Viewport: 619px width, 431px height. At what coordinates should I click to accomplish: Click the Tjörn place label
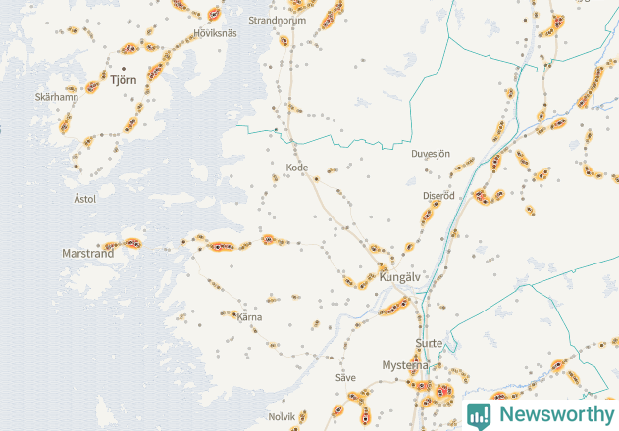tap(124, 80)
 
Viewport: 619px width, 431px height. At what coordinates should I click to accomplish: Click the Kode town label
tap(296, 168)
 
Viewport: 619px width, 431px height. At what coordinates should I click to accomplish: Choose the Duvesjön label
tap(430, 154)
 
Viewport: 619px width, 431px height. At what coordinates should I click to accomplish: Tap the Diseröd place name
tap(438, 195)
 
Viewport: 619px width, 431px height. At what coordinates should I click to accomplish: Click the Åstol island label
tap(85, 198)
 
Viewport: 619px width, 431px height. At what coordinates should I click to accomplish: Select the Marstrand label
tap(88, 253)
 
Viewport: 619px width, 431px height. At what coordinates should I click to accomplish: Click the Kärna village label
tap(249, 316)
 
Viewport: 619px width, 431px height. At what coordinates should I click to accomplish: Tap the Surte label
tap(429, 343)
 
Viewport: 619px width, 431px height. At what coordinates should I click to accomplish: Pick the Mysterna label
tap(405, 365)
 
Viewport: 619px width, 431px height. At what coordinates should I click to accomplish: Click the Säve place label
tap(345, 377)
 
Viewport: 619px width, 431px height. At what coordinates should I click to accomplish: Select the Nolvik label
tap(282, 416)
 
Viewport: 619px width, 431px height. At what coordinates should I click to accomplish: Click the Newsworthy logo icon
tap(479, 414)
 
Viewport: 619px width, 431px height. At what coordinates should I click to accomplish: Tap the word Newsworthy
tap(553, 414)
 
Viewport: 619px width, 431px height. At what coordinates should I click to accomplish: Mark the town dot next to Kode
tap(317, 178)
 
